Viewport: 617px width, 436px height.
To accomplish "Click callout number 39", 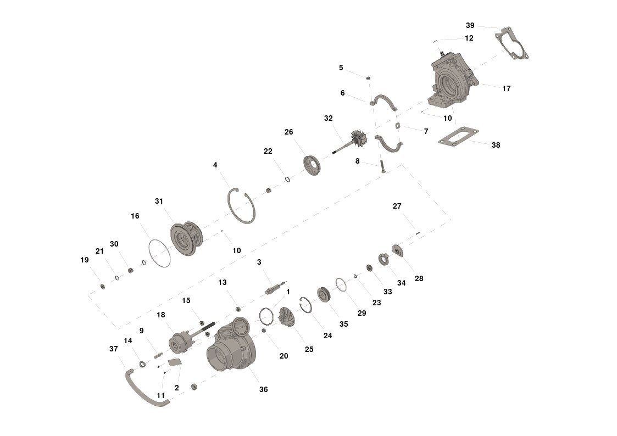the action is (x=470, y=26).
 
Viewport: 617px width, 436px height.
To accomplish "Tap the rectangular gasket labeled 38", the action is (x=458, y=136).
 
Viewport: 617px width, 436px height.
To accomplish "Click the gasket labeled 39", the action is (x=512, y=43).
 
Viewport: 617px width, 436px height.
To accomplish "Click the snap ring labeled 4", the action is (x=241, y=206).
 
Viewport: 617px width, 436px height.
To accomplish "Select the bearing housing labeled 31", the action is (x=186, y=239).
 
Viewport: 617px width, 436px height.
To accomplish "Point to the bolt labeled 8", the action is (x=382, y=166).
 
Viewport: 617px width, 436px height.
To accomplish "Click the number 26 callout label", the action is (x=289, y=132).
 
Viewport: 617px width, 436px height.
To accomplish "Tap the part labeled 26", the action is (x=312, y=165).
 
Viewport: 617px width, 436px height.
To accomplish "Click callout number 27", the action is (x=397, y=206).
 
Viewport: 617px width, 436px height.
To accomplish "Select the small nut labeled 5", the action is (x=369, y=78).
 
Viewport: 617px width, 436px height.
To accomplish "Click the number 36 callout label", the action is (x=263, y=390).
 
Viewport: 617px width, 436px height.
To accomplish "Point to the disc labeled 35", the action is (x=324, y=294).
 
